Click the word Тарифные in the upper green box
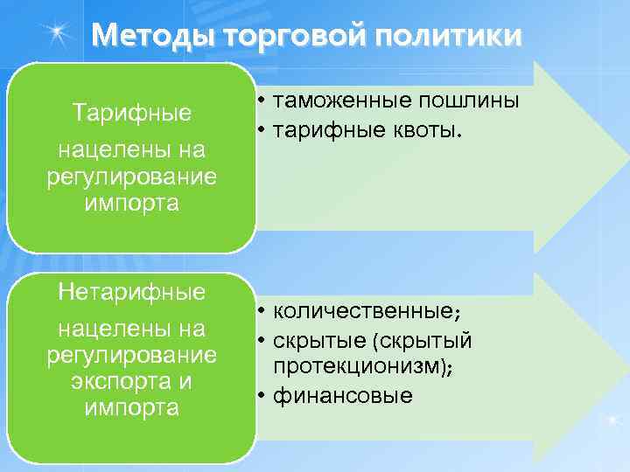point(131,113)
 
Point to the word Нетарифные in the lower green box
point(131,291)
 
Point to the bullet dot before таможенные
point(262,102)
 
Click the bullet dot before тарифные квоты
point(262,131)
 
